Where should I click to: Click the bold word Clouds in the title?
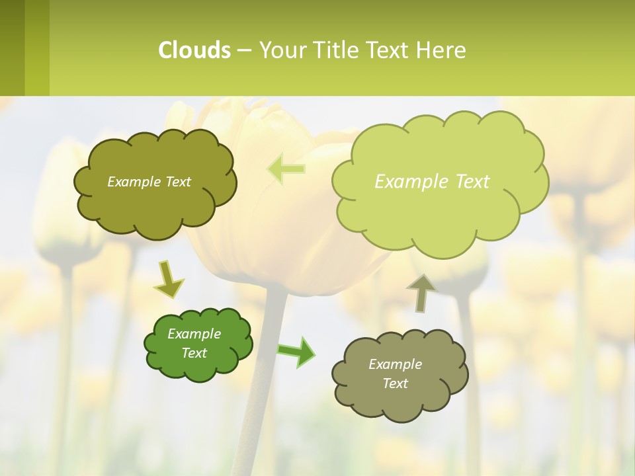click(194, 50)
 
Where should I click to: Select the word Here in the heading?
click(441, 50)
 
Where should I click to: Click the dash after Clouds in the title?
click(244, 51)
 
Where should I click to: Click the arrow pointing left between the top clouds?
click(286, 169)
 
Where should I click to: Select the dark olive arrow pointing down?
click(168, 280)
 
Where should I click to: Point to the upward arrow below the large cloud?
click(421, 292)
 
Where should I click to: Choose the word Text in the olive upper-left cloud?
click(178, 182)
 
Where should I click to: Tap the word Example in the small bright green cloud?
click(194, 334)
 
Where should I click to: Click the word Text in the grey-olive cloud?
click(395, 383)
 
